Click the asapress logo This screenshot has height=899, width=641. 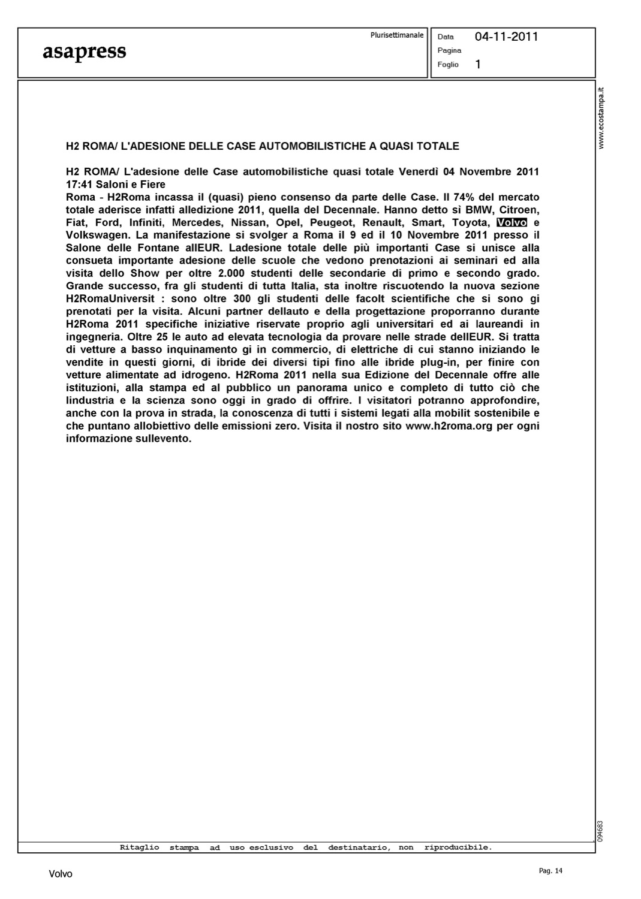tap(84, 52)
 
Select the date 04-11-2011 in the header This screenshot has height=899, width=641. tap(506, 37)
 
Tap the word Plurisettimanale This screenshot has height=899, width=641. tap(396, 35)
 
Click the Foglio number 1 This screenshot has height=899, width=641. tap(478, 64)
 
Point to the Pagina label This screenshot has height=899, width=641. tap(449, 50)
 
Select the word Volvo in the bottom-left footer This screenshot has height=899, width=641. tap(60, 874)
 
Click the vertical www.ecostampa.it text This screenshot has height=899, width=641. tap(602, 117)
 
